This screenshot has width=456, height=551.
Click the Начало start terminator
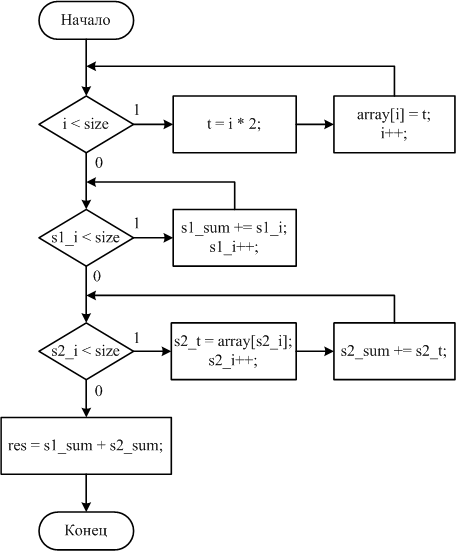(x=86, y=20)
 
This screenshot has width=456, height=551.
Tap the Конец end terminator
(x=86, y=531)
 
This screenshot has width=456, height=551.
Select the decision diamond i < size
(x=86, y=124)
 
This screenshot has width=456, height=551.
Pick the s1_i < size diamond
(x=86, y=238)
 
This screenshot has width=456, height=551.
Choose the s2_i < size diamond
(x=86, y=351)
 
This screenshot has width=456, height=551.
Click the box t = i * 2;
(x=234, y=124)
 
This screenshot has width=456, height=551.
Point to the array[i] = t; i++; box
(x=394, y=124)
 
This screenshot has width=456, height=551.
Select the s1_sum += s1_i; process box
(x=234, y=238)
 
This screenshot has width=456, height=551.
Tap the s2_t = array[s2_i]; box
(x=234, y=351)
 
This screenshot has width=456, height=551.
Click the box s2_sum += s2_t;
(x=394, y=351)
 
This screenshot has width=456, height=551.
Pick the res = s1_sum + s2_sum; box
(x=86, y=446)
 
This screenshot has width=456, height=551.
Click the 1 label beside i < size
(x=137, y=110)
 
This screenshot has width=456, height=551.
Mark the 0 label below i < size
(x=99, y=163)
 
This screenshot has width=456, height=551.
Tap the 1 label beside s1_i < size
(x=137, y=223)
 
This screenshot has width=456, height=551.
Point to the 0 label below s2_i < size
(x=99, y=390)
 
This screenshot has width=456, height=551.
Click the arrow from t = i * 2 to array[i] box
(x=315, y=124)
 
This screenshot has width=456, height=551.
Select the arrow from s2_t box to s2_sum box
(x=315, y=351)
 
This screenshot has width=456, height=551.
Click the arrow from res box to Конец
(x=86, y=493)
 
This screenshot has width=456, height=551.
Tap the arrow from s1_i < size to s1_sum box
(x=153, y=238)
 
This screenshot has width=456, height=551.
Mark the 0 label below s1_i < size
(x=97, y=277)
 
